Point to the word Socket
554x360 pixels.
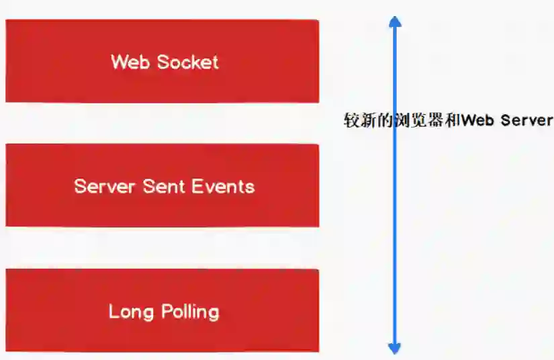(187, 62)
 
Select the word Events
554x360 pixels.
(224, 186)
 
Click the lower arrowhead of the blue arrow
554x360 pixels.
(395, 347)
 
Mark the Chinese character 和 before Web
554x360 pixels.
(453, 121)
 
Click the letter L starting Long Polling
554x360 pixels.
(113, 312)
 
